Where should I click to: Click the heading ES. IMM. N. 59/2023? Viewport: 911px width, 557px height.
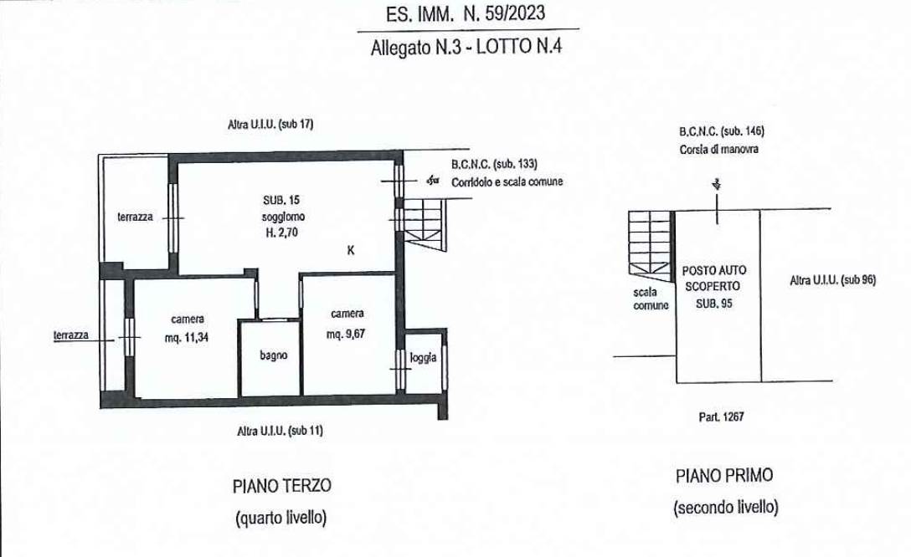tap(466, 13)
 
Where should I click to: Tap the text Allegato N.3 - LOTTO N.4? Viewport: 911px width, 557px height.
tap(466, 47)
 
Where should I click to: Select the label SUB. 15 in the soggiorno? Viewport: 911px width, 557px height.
tap(281, 200)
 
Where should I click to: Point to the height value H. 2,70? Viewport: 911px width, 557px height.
tap(282, 233)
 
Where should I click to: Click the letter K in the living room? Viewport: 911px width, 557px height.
tap(350, 250)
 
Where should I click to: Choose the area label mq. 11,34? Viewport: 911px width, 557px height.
tap(187, 337)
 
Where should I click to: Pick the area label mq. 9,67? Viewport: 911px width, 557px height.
tap(347, 334)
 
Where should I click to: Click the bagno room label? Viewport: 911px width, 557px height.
tap(273, 355)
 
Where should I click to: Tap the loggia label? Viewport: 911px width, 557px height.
tap(423, 357)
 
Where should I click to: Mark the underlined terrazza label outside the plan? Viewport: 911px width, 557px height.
tap(71, 335)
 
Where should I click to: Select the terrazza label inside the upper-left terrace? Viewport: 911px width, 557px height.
tap(135, 217)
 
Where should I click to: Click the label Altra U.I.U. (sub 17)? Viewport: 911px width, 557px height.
tap(270, 124)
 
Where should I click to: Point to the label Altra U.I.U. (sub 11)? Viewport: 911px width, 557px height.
tap(280, 431)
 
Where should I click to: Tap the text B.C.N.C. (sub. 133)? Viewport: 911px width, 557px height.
tap(494, 164)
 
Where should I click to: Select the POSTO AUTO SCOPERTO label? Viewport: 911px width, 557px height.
tap(713, 278)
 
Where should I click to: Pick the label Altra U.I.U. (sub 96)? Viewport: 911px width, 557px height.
tap(832, 280)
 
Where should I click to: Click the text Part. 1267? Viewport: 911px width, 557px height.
tap(721, 416)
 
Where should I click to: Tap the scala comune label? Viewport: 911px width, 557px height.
tap(650, 299)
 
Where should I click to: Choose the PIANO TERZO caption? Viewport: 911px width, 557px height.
tap(282, 486)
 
